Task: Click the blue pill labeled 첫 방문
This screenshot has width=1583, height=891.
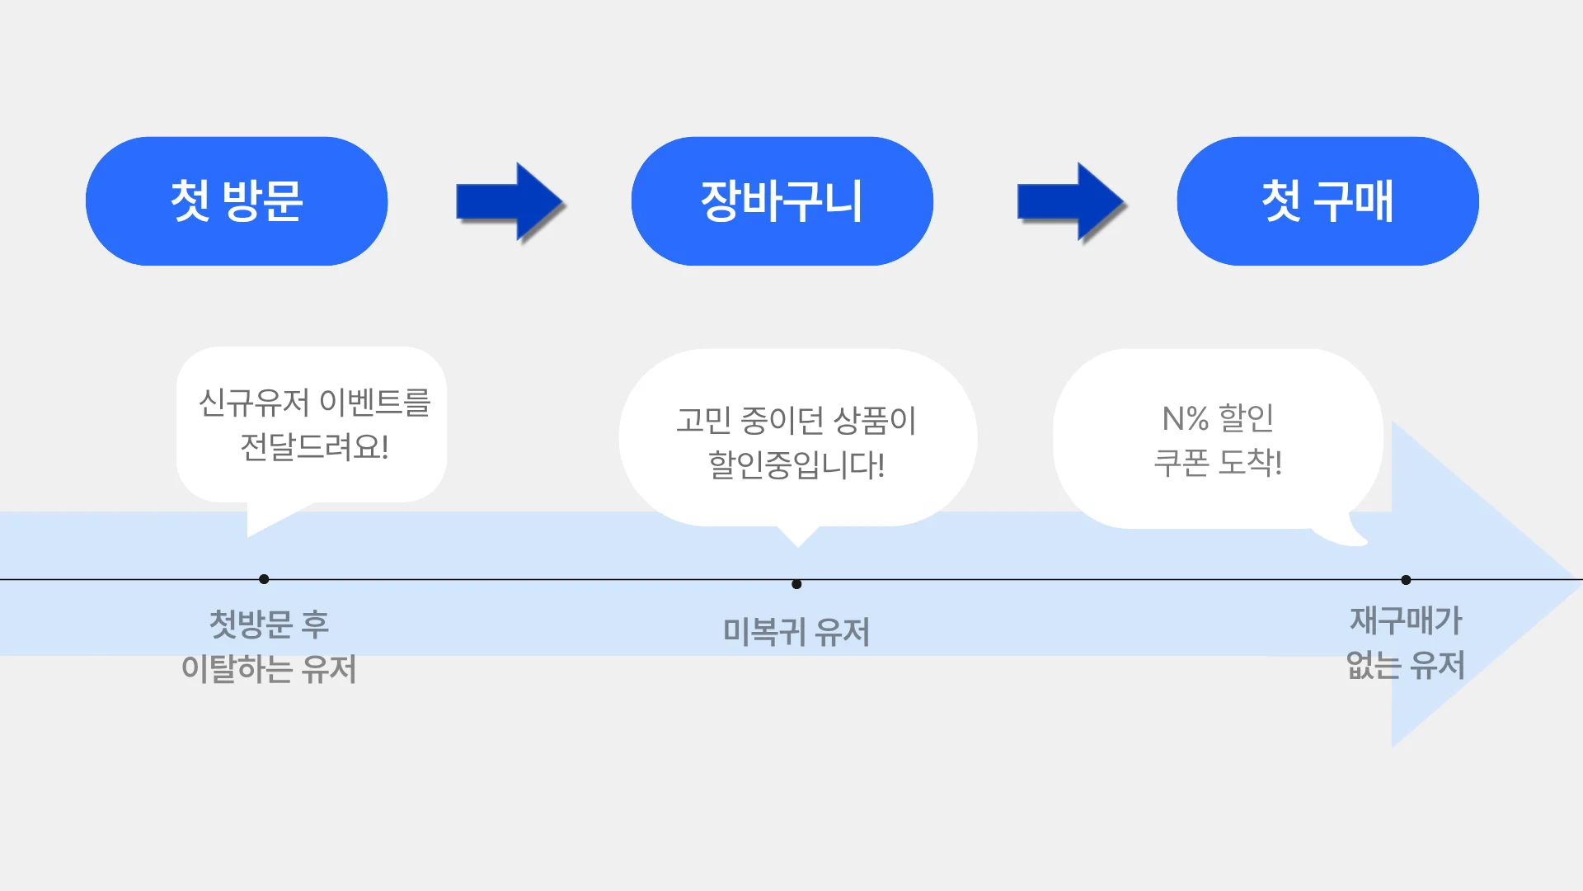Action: (x=237, y=201)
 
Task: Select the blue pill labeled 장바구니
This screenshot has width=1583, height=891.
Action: (x=782, y=201)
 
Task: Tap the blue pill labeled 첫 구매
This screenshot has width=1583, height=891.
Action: (x=1327, y=201)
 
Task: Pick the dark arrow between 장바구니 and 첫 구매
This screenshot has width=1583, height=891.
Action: (x=1071, y=202)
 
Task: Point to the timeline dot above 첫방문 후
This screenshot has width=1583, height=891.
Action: (x=264, y=579)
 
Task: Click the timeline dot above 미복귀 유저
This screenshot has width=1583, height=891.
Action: (x=796, y=584)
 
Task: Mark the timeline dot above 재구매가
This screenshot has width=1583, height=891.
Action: (x=1406, y=580)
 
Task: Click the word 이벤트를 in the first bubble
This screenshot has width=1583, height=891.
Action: (x=375, y=403)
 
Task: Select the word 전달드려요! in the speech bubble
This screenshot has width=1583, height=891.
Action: (x=314, y=447)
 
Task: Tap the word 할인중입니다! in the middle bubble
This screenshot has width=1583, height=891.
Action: (x=796, y=465)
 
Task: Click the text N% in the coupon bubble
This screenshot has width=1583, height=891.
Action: (x=1185, y=419)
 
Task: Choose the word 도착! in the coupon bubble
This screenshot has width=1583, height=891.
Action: (x=1250, y=463)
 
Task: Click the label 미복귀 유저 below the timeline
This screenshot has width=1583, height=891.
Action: (x=796, y=632)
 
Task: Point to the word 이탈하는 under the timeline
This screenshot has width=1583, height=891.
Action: (x=235, y=668)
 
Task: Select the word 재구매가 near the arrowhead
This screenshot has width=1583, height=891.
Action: (x=1406, y=620)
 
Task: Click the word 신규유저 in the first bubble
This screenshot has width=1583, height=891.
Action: (x=254, y=403)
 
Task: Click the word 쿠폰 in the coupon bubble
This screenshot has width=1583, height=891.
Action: (x=1181, y=463)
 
